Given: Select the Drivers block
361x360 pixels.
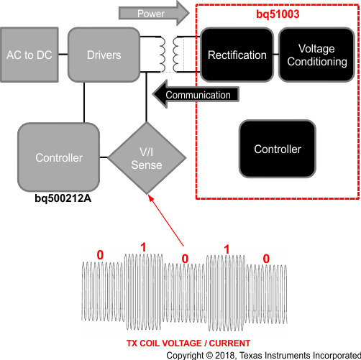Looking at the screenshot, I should (x=104, y=55).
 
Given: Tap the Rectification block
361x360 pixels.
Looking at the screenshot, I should (x=237, y=55).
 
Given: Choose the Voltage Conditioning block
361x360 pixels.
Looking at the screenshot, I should (x=316, y=55).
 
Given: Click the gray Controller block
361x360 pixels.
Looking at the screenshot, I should (x=59, y=157).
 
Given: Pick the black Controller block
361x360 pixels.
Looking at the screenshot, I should (x=277, y=149).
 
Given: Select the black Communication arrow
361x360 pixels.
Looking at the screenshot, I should (x=194, y=94).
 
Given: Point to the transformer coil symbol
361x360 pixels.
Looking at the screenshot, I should (x=172, y=54).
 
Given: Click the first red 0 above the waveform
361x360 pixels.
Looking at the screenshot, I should (x=100, y=255).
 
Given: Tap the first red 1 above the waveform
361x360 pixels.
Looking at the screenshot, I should (x=143, y=246).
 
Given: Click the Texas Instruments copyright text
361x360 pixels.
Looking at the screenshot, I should (x=262, y=354).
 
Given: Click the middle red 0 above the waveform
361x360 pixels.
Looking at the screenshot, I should (x=184, y=258).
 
